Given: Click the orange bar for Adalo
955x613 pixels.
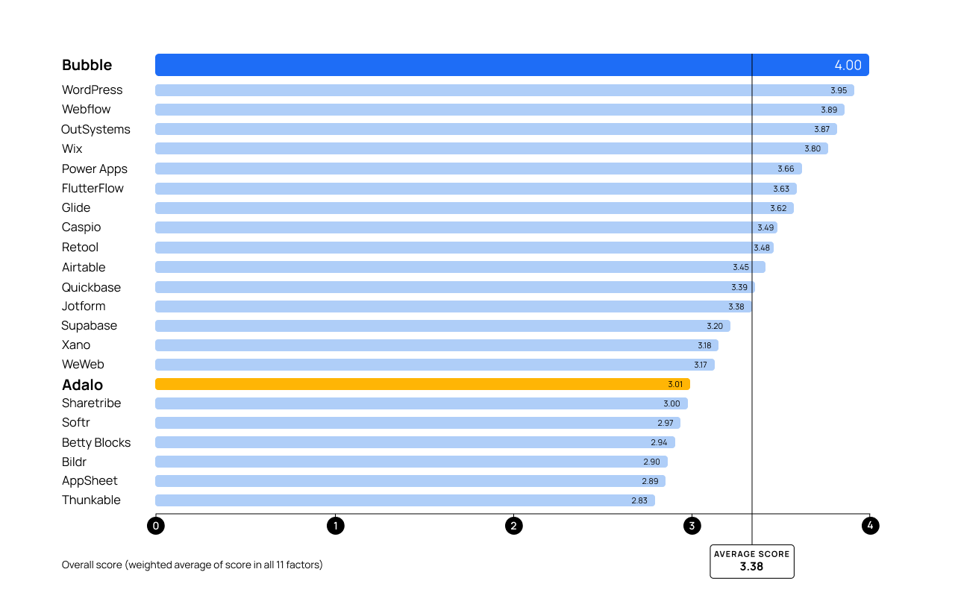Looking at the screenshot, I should click(422, 384).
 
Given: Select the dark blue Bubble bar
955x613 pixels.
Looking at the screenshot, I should click(512, 65).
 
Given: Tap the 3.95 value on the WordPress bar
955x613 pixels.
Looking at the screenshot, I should click(839, 90).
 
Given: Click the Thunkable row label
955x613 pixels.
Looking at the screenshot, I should click(91, 500).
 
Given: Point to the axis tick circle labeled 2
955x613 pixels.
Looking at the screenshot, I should click(513, 526).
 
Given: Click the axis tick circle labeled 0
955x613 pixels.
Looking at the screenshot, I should click(156, 526).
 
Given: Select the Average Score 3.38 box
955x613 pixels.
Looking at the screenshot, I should click(751, 562).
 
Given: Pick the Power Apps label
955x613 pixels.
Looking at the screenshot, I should click(95, 169).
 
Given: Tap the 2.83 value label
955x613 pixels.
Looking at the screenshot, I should click(639, 500).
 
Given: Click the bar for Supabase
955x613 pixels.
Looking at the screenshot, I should click(442, 326).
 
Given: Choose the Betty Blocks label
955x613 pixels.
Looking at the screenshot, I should click(96, 442).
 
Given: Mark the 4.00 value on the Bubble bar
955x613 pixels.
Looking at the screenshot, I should click(848, 65).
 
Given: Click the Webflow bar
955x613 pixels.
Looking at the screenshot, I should click(500, 110).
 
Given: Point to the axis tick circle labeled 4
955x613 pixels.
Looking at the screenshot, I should click(870, 526).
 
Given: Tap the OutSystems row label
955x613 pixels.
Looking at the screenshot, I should click(95, 129).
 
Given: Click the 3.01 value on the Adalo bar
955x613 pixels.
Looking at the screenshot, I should click(675, 384).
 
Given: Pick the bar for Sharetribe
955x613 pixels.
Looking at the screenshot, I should click(422, 403).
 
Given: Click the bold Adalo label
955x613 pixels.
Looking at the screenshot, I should click(82, 385).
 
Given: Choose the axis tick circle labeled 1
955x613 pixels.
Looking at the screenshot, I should click(336, 526).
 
